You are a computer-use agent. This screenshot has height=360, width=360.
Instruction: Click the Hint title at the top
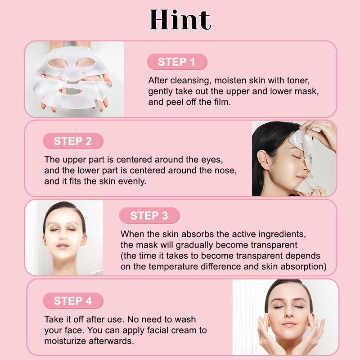(180, 20)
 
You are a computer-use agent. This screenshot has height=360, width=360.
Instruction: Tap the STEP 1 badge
(176, 62)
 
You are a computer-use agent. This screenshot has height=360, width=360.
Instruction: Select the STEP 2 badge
(72, 141)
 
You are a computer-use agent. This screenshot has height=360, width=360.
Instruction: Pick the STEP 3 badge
(149, 216)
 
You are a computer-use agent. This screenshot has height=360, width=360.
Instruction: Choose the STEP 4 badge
(72, 301)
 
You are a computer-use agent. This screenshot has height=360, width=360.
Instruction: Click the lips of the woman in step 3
(63, 245)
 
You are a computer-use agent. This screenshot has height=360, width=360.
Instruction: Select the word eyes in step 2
(212, 160)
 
